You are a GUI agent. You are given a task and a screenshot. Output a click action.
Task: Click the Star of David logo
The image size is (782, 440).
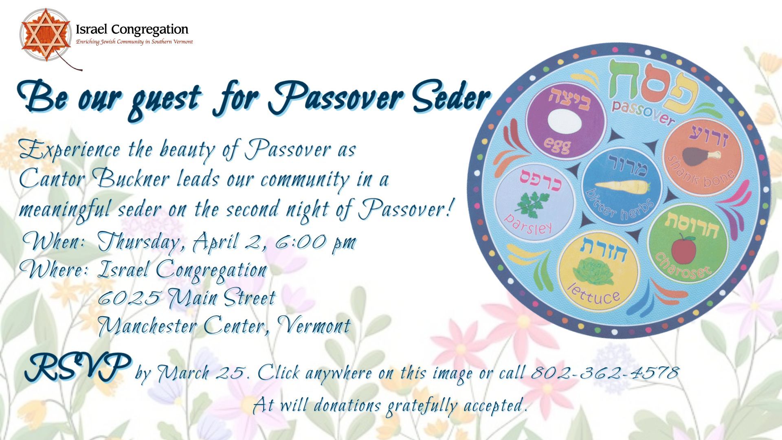click(44, 35)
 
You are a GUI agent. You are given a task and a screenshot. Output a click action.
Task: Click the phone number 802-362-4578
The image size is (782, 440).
click(605, 373)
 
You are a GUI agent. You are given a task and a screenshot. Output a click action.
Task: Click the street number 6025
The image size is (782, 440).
click(128, 298)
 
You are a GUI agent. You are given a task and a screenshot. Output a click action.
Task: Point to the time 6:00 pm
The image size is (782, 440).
click(316, 242)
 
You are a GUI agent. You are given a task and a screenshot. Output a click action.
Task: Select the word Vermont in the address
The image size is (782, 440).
click(314, 326)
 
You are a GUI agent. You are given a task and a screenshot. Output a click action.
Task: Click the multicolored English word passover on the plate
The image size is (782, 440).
click(643, 112)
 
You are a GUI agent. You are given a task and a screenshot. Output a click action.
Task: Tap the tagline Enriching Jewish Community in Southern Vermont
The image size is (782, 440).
click(134, 42)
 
